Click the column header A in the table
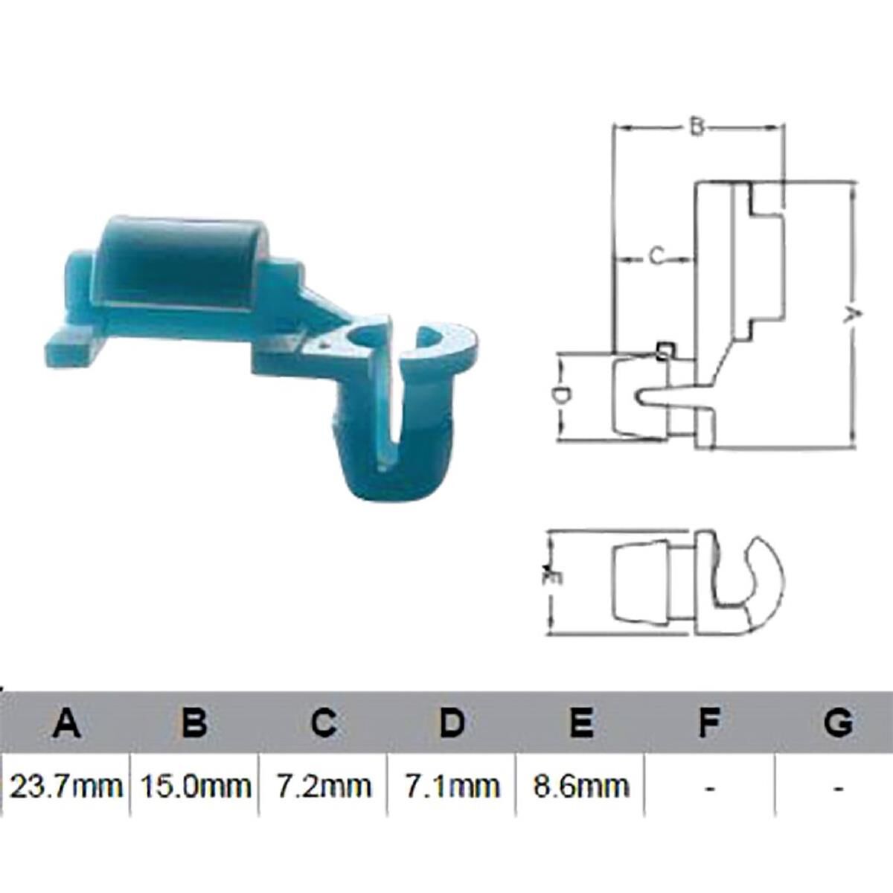(66, 723)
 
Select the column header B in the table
(194, 723)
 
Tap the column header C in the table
(323, 723)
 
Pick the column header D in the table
(452, 723)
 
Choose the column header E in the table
(580, 723)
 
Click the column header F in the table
(709, 723)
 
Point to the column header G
(839, 723)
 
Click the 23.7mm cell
(66, 786)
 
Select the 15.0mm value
(195, 786)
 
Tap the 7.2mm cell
(323, 786)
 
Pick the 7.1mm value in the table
(452, 786)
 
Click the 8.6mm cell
(580, 786)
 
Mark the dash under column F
(710, 787)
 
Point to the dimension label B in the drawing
(696, 128)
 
